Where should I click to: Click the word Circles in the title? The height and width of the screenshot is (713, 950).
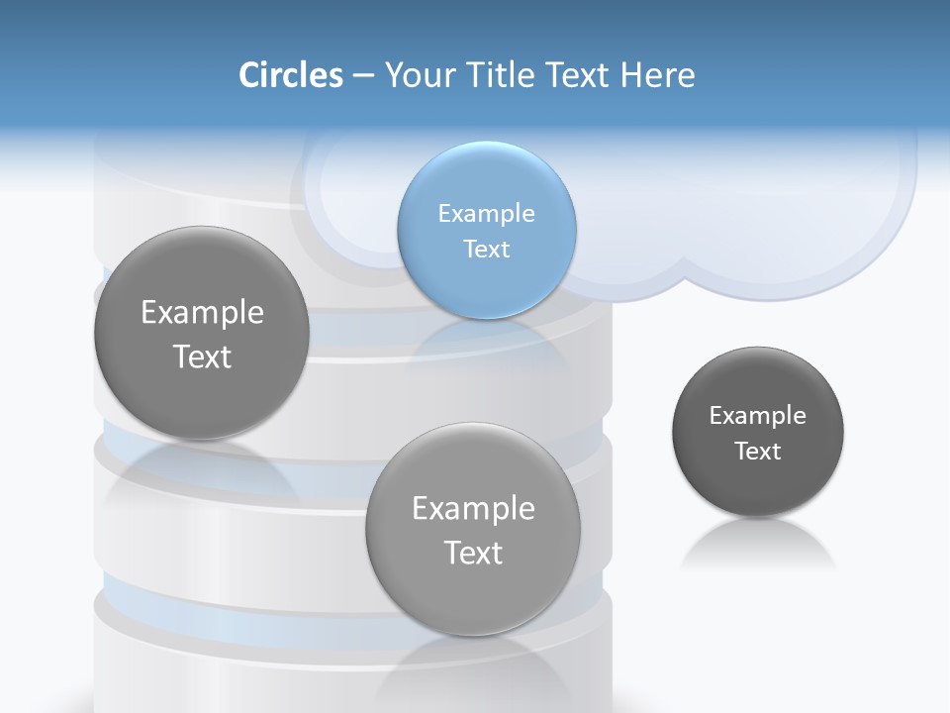pyautogui.click(x=291, y=75)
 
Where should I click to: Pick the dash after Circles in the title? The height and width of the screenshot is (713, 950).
pyautogui.click(x=362, y=76)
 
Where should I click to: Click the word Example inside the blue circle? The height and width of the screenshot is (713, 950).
pyautogui.click(x=486, y=214)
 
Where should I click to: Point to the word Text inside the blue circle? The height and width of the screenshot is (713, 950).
pyautogui.click(x=486, y=250)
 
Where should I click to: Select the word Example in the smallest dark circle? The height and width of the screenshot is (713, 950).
pyautogui.click(x=758, y=416)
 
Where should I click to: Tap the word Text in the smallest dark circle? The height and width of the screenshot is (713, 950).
pyautogui.click(x=758, y=452)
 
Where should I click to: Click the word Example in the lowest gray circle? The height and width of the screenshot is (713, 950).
pyautogui.click(x=473, y=509)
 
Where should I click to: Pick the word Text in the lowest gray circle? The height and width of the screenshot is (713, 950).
pyautogui.click(x=473, y=553)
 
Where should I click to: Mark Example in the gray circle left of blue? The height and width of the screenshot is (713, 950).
pyautogui.click(x=202, y=313)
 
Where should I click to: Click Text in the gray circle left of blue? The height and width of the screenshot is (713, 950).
pyautogui.click(x=202, y=356)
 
